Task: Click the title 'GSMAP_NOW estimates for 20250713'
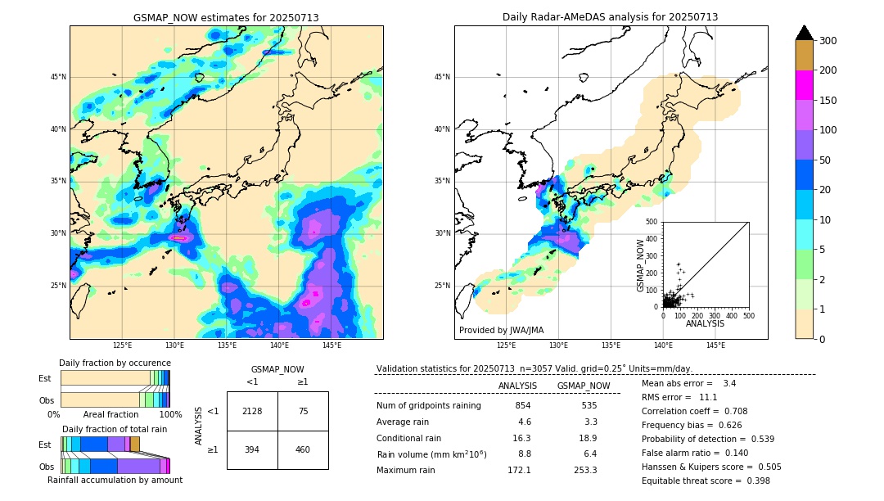226,17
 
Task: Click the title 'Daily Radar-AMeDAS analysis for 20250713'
610,17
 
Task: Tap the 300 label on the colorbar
828,41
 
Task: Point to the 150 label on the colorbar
828,101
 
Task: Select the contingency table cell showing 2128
252,411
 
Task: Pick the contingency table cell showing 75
303,411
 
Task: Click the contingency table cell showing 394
252,449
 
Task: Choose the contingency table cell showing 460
303,449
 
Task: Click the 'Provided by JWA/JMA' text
501,330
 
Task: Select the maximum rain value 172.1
518,470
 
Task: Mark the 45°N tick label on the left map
58,77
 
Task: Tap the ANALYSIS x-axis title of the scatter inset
705,323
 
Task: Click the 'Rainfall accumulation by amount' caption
115,480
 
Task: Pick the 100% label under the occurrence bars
170,414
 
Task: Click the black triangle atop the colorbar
805,33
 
